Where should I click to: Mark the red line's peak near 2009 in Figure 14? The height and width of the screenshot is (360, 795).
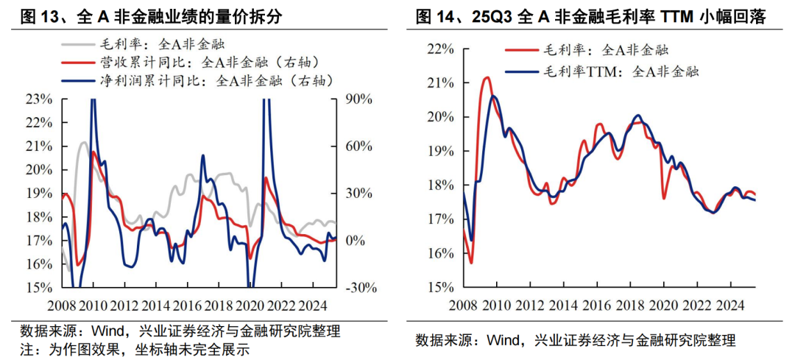[x=487, y=77]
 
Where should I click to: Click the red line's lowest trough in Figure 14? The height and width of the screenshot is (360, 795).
[x=470, y=263]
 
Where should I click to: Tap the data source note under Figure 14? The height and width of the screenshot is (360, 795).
[x=575, y=340]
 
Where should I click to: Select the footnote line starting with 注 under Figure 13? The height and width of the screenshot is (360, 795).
[x=135, y=349]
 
